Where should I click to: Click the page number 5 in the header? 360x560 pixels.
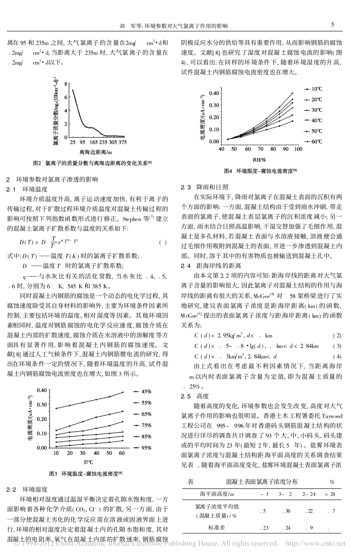coord(332,25)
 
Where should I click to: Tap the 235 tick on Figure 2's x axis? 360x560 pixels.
coord(103,143)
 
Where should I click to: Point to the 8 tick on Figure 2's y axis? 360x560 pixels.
coord(66,84)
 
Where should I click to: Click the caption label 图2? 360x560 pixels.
coord(37,163)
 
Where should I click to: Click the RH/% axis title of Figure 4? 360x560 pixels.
coord(259,160)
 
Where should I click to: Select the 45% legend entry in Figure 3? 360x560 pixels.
coord(146,391)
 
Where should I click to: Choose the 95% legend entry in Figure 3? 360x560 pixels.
coord(146,447)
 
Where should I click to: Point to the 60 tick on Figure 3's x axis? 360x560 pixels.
coord(122,453)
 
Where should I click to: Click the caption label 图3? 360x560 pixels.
coord(53,474)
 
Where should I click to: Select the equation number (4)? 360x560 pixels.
coord(337,356)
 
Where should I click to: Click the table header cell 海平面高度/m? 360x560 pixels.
coord(217,494)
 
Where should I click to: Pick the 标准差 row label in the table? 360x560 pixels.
coord(217,527)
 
